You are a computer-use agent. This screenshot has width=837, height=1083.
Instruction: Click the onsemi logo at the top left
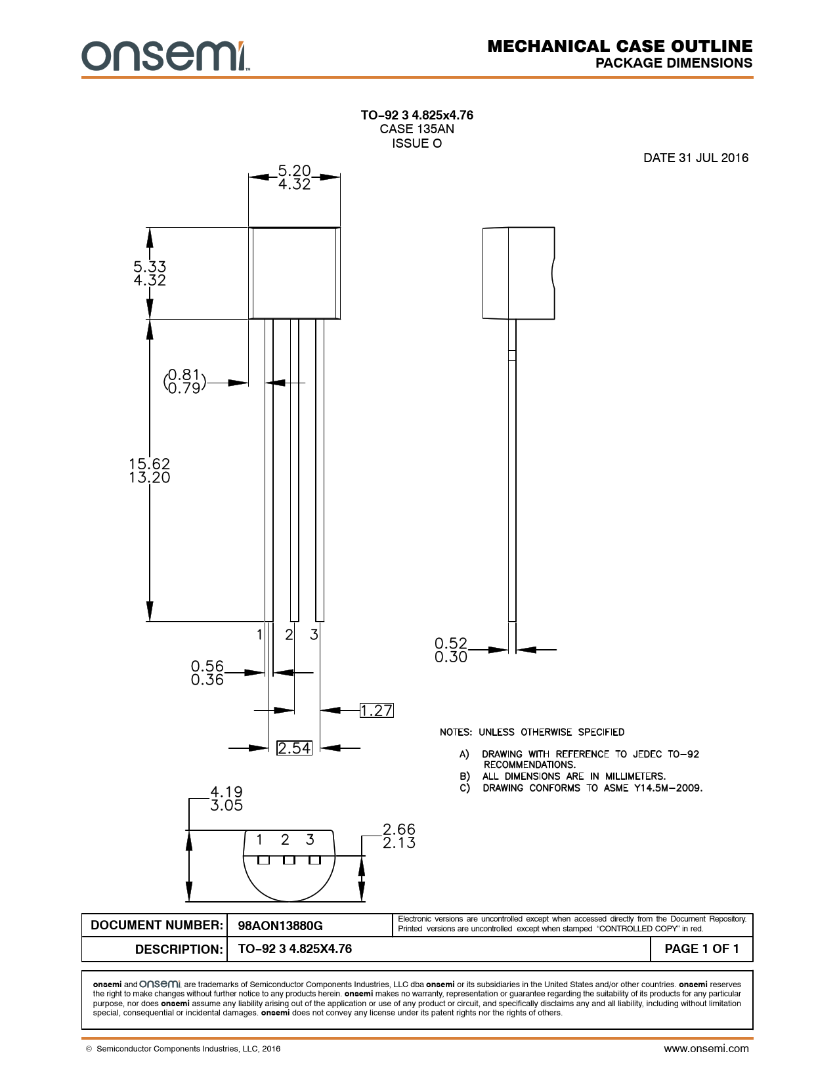[x=165, y=56]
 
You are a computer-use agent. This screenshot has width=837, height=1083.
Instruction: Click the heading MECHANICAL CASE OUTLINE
[x=620, y=46]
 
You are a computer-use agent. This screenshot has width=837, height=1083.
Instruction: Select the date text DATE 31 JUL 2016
[x=695, y=158]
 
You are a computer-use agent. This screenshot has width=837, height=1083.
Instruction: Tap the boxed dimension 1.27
[x=376, y=710]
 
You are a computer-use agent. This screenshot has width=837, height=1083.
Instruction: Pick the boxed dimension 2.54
[x=294, y=748]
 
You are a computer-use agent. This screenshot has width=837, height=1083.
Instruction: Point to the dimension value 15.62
[x=150, y=463]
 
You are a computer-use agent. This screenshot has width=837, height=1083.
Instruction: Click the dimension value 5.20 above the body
[x=294, y=171]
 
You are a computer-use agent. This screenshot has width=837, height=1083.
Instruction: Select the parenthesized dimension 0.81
[x=183, y=374]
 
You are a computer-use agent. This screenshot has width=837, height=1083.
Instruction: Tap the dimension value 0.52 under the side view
[x=450, y=643]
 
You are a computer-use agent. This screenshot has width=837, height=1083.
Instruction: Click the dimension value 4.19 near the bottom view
[x=226, y=792]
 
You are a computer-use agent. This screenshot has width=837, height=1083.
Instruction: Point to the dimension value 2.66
[x=399, y=829]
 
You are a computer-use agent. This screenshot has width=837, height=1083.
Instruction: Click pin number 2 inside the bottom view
[x=285, y=839]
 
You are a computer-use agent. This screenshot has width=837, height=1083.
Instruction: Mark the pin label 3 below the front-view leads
[x=314, y=635]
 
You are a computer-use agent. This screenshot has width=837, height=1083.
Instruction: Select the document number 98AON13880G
[x=280, y=925]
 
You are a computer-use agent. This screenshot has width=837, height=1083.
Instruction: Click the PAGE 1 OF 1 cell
[x=701, y=948]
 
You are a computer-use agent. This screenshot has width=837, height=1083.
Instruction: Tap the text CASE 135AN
[x=417, y=129]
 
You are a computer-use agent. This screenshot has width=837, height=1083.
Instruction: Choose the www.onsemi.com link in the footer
[x=706, y=1048]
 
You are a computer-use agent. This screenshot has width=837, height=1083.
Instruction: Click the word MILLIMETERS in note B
[x=635, y=776]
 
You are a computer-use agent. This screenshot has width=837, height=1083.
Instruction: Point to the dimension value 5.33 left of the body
[x=150, y=266]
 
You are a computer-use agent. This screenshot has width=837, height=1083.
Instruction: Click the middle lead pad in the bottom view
[x=289, y=860]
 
